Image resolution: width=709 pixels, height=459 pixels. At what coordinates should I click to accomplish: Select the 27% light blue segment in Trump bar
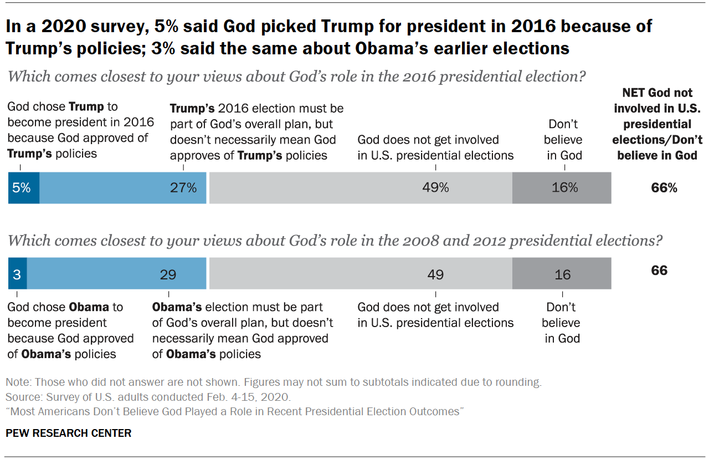coord(123,188)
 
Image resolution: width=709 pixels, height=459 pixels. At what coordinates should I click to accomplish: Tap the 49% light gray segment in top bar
coord(360,188)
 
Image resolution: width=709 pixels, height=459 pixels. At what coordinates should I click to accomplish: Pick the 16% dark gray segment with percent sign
coord(562,188)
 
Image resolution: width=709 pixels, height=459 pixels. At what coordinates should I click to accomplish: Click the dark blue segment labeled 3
coord(17,274)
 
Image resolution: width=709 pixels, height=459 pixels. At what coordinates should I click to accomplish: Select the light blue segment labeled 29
coord(117,274)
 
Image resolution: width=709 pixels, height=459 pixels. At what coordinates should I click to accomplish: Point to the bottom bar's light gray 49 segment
coord(360,274)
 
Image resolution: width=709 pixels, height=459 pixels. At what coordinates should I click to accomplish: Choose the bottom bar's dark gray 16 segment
coord(562,274)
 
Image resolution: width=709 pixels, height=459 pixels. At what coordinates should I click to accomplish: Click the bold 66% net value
coord(664,188)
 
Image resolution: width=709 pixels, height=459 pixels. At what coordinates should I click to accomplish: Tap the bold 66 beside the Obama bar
coord(659,271)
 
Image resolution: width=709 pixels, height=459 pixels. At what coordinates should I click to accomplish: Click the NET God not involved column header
coord(660,124)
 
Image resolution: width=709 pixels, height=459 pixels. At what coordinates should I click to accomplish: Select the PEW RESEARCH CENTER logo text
coord(69,433)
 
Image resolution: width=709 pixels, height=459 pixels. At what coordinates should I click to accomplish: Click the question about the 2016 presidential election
coord(296,76)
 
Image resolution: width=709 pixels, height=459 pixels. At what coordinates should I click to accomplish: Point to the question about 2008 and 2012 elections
coord(335,241)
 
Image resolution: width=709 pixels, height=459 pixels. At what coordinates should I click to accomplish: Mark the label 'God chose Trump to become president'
coord(80,130)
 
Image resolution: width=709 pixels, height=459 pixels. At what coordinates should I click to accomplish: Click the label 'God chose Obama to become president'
coord(70,330)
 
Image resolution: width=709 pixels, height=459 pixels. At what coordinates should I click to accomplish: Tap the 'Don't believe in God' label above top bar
coord(564,140)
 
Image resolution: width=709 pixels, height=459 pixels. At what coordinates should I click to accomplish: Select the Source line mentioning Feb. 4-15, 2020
coord(148,397)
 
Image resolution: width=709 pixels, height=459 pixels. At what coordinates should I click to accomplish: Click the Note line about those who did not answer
coord(273,382)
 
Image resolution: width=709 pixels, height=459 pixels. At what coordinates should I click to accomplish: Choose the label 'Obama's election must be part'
coord(243,330)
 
